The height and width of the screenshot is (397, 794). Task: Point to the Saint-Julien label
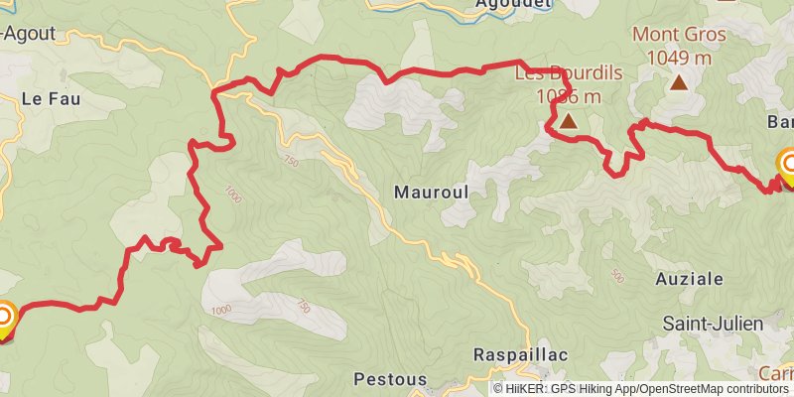coord(713,324)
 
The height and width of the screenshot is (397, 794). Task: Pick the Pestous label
coord(390,379)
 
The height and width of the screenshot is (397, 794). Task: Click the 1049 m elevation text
coord(679,57)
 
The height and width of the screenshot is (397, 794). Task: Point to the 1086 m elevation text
coord(568,96)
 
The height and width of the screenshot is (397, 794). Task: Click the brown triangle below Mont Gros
coord(679,82)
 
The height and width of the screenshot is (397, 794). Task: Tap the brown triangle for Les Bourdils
coord(568,122)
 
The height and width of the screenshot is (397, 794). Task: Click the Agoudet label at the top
coord(484,5)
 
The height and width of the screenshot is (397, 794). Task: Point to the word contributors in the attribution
coord(757,389)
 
